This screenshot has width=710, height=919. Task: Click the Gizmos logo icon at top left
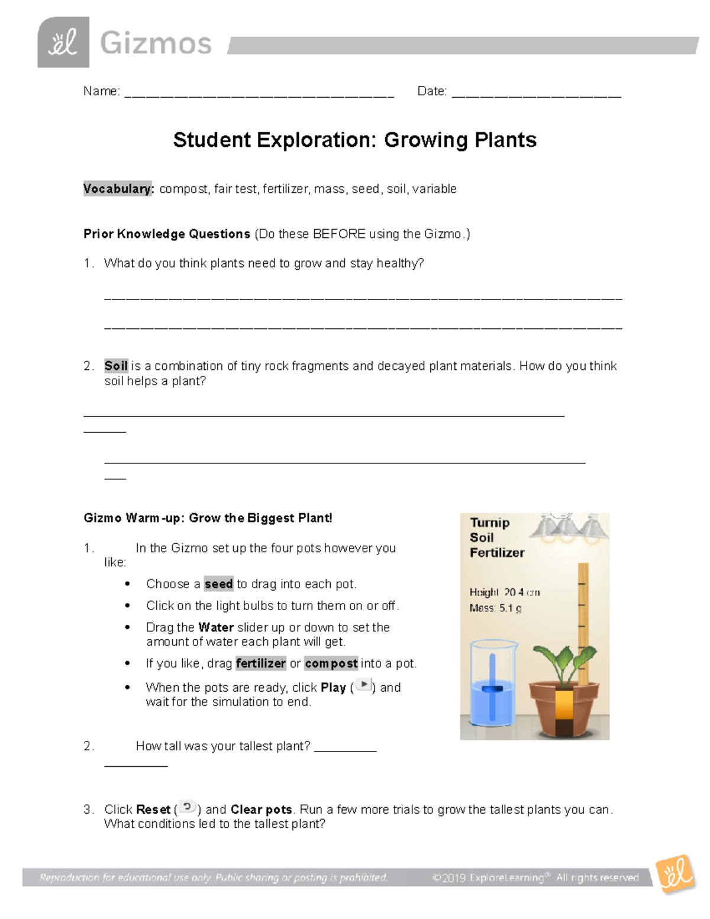tap(63, 43)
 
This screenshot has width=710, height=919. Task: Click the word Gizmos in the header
tap(156, 43)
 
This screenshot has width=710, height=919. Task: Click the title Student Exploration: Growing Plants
tap(354, 140)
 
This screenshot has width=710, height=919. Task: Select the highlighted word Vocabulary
tap(118, 189)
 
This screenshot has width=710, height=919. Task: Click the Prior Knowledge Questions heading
tap(167, 234)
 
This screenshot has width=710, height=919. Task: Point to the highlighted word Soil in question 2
tap(116, 366)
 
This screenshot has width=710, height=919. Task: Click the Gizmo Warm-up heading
tap(208, 518)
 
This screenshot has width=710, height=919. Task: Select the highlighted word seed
tap(218, 584)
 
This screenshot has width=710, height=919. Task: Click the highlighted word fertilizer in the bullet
tap(260, 663)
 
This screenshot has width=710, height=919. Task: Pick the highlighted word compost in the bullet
tap(331, 663)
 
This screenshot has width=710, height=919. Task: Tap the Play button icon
tap(363, 685)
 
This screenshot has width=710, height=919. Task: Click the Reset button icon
tap(188, 807)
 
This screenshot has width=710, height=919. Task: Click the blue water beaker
tap(493, 683)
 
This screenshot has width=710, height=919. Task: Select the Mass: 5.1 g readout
tap(495, 608)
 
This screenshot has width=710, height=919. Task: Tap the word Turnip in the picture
tap(489, 523)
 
